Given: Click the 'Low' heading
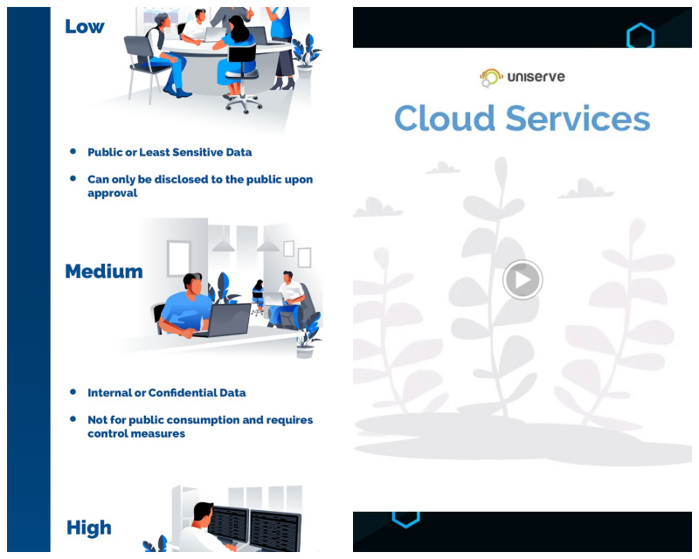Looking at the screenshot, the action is point(85,26).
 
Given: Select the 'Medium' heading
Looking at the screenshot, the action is point(104,271).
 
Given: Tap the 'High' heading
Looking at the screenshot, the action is point(89,528).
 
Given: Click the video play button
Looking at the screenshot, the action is point(523,279).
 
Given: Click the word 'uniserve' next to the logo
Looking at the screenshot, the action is point(536,77).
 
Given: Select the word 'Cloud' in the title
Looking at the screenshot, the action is point(445,119).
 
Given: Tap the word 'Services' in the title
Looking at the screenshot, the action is point(578,119).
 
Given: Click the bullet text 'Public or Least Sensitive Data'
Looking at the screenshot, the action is point(170,153).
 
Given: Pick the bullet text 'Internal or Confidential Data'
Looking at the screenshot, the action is point(166,393).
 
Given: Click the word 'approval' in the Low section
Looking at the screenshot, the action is point(113,193).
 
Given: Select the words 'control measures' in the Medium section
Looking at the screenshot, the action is point(136,434).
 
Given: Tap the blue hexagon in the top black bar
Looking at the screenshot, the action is point(640,35).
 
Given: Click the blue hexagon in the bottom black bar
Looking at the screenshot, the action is point(405,519).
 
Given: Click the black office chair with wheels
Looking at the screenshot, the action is point(242,78).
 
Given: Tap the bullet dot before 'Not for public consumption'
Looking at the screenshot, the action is point(73,419).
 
